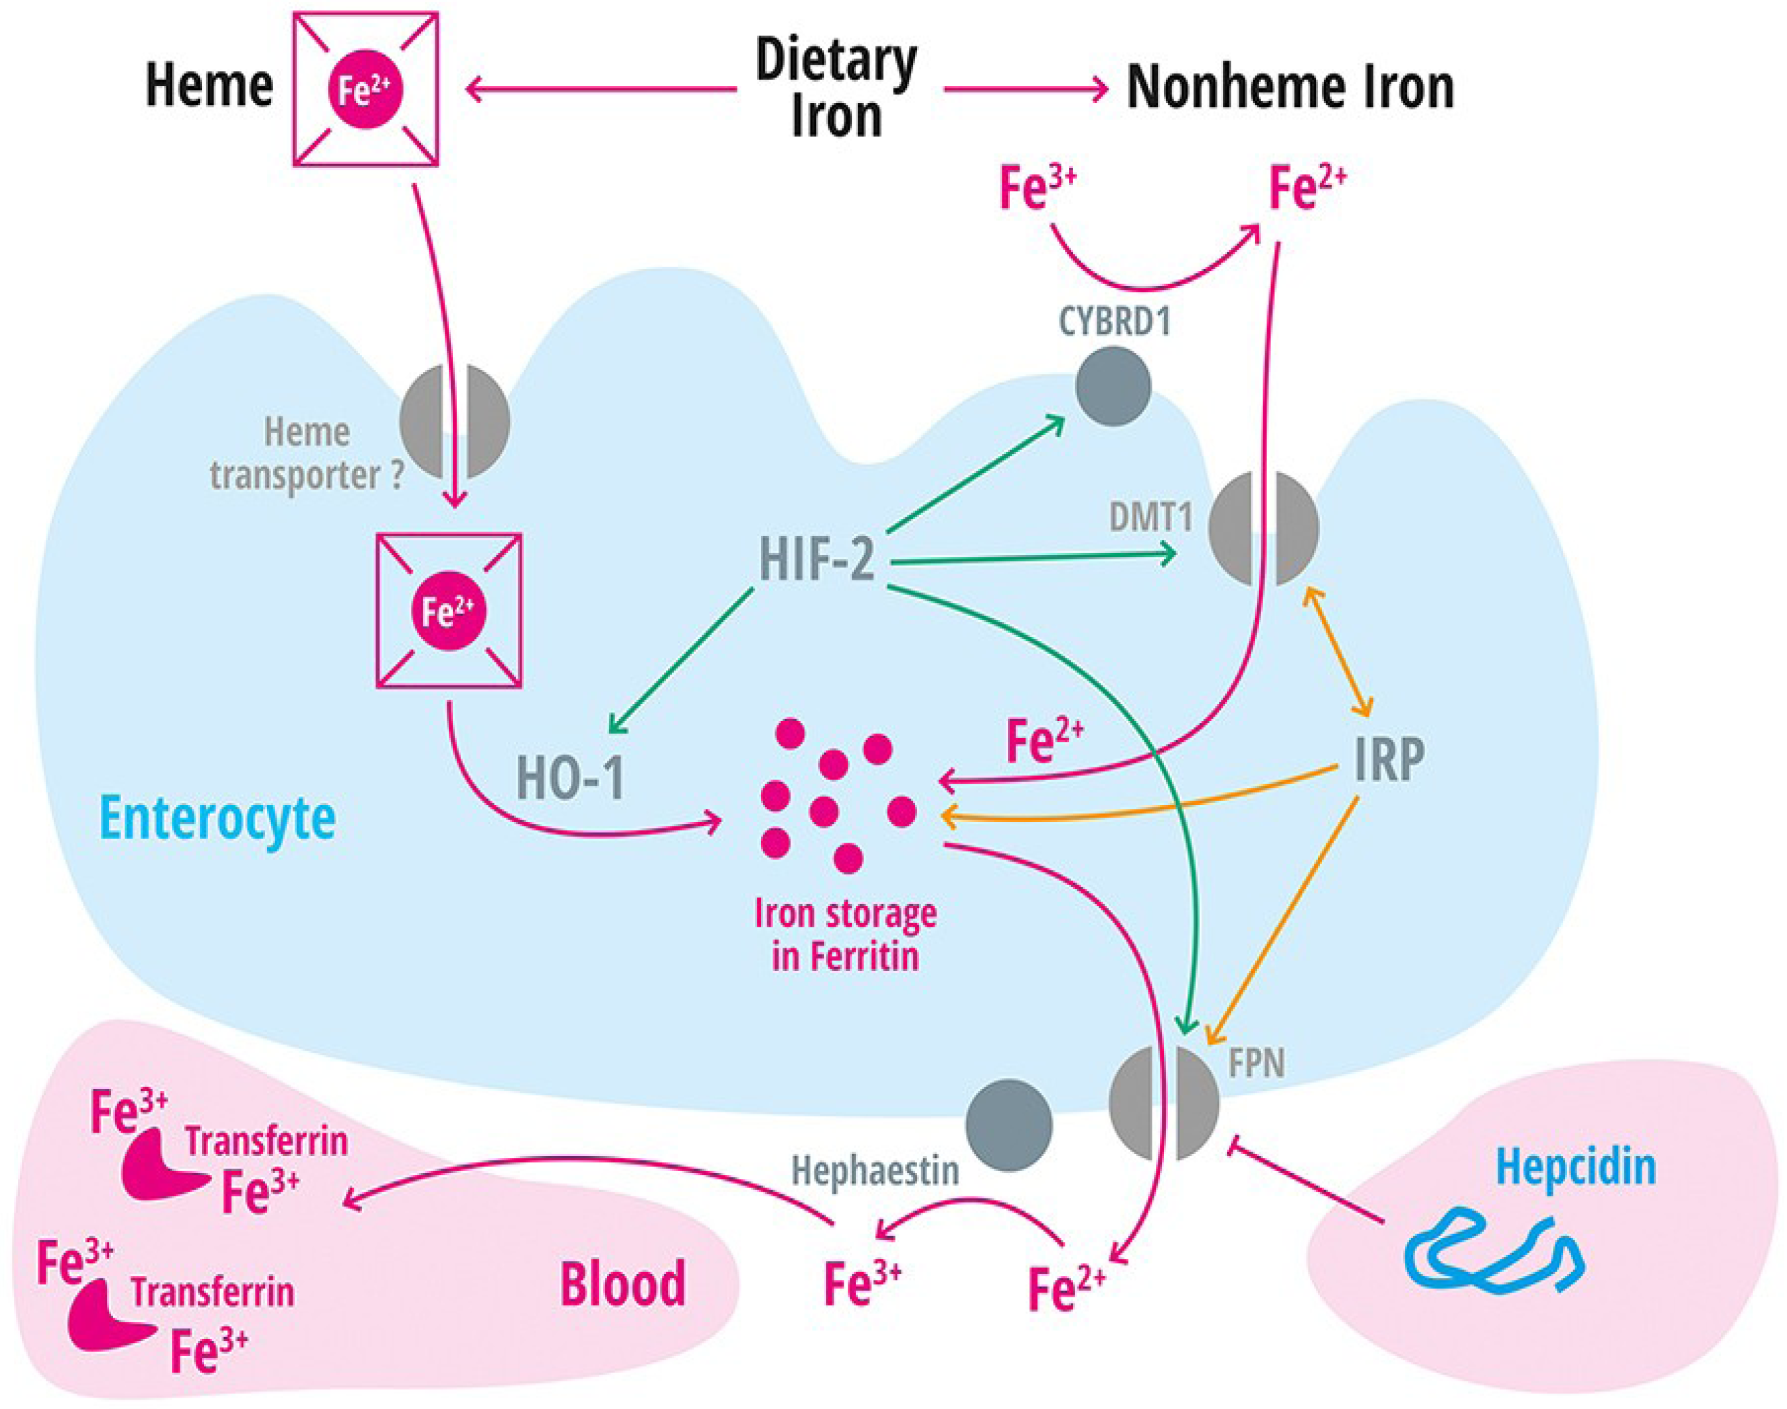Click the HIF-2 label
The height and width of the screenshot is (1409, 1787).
pos(817,558)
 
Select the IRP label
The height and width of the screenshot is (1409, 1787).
pos(1389,759)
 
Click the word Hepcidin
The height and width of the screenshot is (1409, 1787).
pos(1576,1168)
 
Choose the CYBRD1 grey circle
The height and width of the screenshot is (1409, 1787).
pos(1113,385)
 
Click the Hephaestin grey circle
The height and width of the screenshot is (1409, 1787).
pos(1009,1125)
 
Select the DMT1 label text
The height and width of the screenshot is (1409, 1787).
pos(1151,517)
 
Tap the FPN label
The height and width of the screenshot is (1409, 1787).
pos(1257,1064)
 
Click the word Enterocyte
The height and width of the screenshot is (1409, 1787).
pos(218,818)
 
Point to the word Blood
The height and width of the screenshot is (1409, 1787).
pos(623,1285)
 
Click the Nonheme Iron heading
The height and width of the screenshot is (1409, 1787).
pos(1290,87)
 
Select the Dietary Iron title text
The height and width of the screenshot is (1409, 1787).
pos(836,87)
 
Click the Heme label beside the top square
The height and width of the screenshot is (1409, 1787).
pos(209,86)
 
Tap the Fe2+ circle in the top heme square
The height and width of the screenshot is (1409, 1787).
pos(365,90)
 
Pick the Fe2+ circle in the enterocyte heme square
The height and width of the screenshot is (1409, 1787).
pos(448,612)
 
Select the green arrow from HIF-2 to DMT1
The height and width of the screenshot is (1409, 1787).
pos(1031,558)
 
